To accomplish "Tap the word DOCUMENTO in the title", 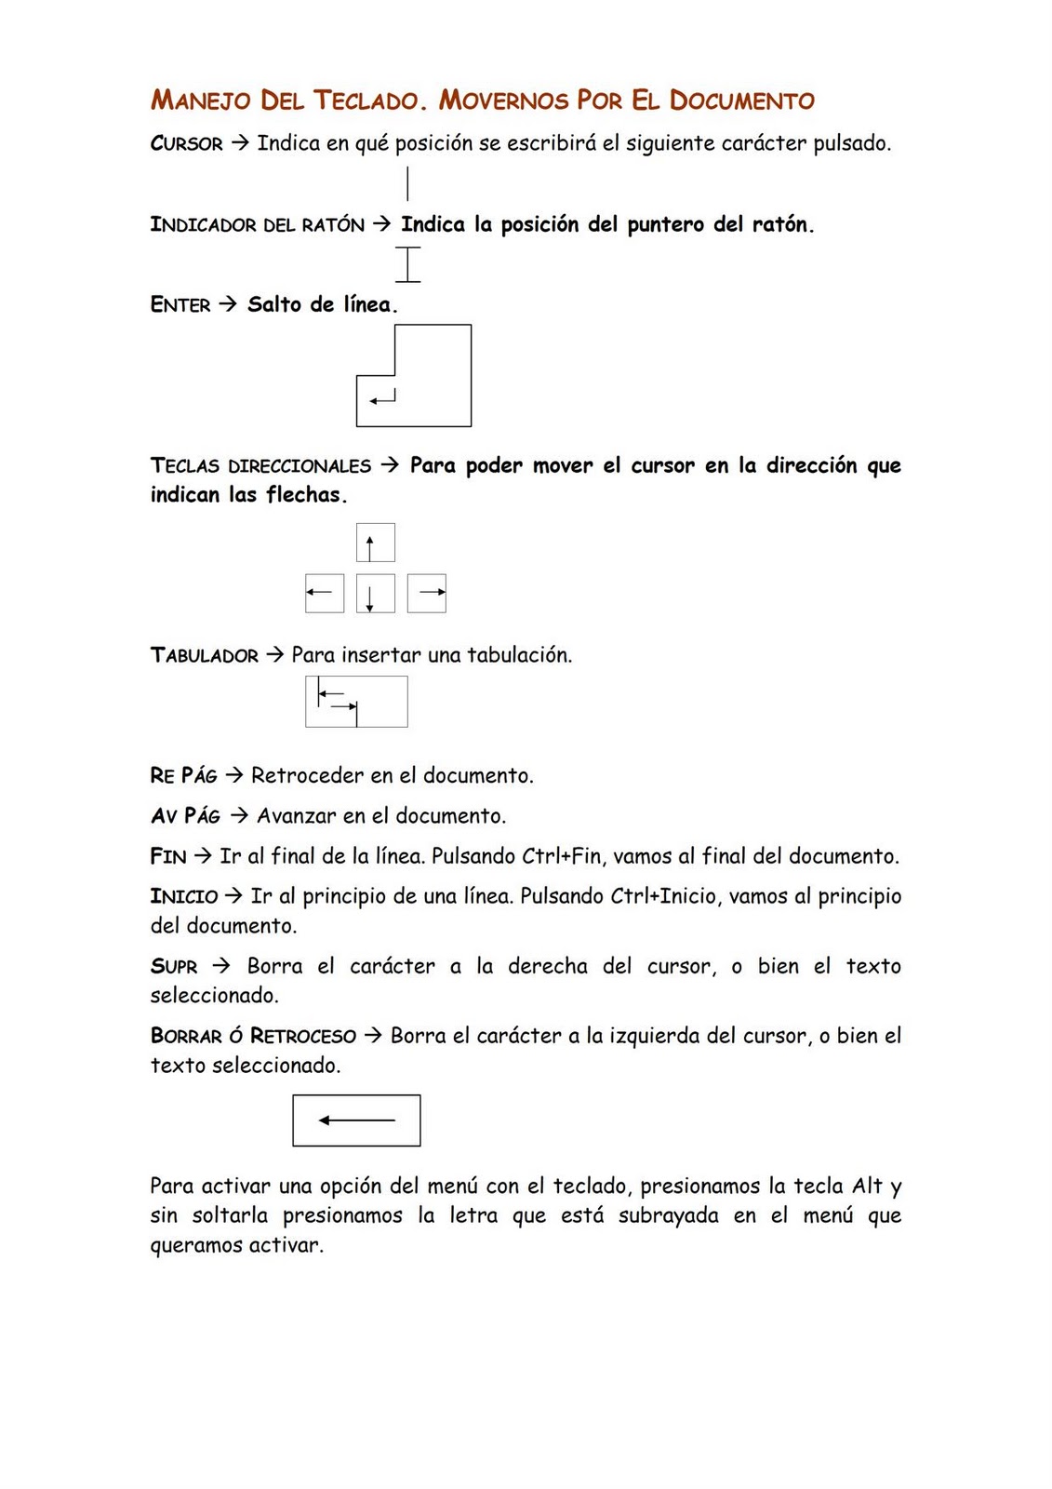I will [741, 101].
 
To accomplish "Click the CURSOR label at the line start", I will [186, 144].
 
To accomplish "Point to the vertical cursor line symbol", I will [407, 182].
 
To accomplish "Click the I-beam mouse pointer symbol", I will [407, 264].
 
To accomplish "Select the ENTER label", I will [180, 305].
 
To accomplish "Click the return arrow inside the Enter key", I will [382, 397].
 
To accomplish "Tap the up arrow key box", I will [375, 543].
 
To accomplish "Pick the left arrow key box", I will [325, 593].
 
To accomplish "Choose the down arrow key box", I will [375, 593].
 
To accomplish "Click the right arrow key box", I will [427, 593].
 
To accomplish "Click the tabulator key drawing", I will [356, 701].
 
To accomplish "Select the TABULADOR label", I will [205, 655].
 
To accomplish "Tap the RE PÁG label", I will [183, 775].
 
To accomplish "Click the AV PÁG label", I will [185, 816].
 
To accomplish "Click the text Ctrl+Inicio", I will [663, 896].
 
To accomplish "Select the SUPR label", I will [174, 967].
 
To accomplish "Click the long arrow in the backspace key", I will [357, 1120].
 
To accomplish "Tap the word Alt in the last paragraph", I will [867, 1187].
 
